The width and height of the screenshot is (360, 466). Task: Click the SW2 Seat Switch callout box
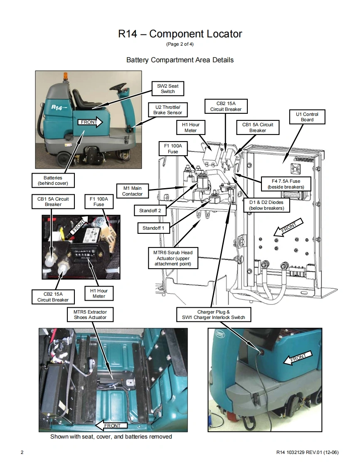coord(168,88)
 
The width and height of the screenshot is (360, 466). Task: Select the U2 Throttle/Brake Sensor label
coord(168,110)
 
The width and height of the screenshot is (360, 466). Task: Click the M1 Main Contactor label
coord(132,191)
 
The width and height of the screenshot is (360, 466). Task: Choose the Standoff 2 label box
coord(150,211)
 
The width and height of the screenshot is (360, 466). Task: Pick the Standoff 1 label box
coord(153,228)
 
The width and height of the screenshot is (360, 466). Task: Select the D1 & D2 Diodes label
coord(266,205)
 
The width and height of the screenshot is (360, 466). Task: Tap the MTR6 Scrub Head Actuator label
coord(173,258)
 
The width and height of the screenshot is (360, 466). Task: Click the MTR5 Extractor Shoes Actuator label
coord(90,314)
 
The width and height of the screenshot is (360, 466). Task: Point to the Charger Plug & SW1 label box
coord(213,314)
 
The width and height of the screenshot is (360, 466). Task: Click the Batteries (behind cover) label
coord(53,180)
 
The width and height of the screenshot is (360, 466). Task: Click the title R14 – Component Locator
coord(180,34)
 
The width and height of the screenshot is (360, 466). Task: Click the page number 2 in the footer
coord(22,452)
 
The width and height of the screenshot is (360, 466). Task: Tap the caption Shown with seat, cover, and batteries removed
coord(111,437)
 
